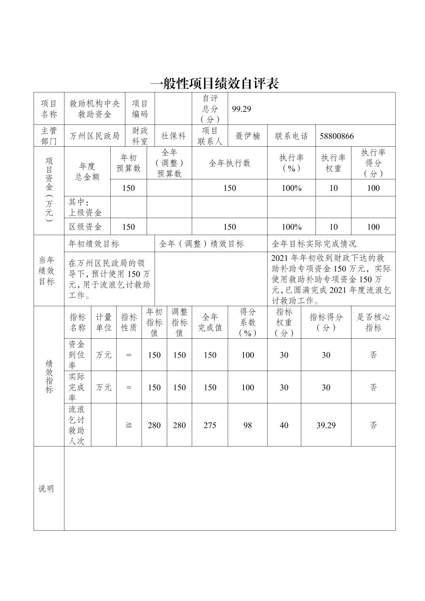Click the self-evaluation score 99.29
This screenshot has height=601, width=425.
[242, 109]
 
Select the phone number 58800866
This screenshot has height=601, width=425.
[337, 136]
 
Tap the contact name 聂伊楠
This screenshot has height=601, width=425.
[247, 136]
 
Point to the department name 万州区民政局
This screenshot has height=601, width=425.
[94, 136]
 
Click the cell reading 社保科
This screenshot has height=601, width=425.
[173, 136]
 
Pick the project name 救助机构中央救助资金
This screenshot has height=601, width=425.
[94, 109]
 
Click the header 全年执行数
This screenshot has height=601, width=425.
[229, 163]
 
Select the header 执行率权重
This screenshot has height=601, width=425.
[333, 163]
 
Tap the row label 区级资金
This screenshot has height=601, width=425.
[85, 227]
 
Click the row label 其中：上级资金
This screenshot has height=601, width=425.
[85, 207]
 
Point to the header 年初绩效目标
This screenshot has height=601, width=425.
[94, 244]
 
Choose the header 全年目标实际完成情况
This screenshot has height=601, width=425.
[314, 244]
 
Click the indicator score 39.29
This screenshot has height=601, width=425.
[326, 425]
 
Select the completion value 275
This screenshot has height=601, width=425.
[210, 425]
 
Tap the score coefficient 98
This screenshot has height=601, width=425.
[247, 425]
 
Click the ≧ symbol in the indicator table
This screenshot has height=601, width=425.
[129, 425]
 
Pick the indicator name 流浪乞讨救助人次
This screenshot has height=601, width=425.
[77, 425]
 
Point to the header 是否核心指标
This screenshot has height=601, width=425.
[373, 322]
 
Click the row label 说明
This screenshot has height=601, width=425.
[46, 489]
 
